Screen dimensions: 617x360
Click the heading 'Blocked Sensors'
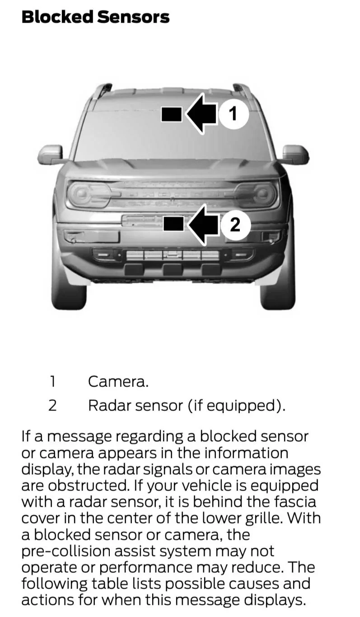[x=95, y=17]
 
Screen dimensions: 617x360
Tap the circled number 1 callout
[x=233, y=113]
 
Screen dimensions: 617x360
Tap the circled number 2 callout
[x=235, y=224]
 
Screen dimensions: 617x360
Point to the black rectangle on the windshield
[x=171, y=114]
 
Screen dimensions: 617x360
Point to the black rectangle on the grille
[x=173, y=223]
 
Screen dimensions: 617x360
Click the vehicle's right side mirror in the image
[x=295, y=155]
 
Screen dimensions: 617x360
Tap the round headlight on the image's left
[x=83, y=194]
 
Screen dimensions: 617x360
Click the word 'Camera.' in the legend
[x=118, y=382]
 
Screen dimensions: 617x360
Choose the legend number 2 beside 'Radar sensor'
[x=52, y=405]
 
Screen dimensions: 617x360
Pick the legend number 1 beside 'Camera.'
[x=52, y=382]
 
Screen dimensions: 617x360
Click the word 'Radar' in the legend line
[x=104, y=405]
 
